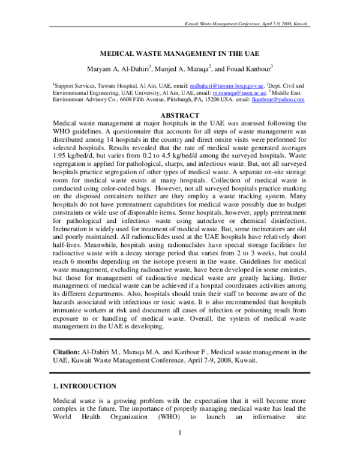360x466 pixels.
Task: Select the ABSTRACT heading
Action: coord(180,115)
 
